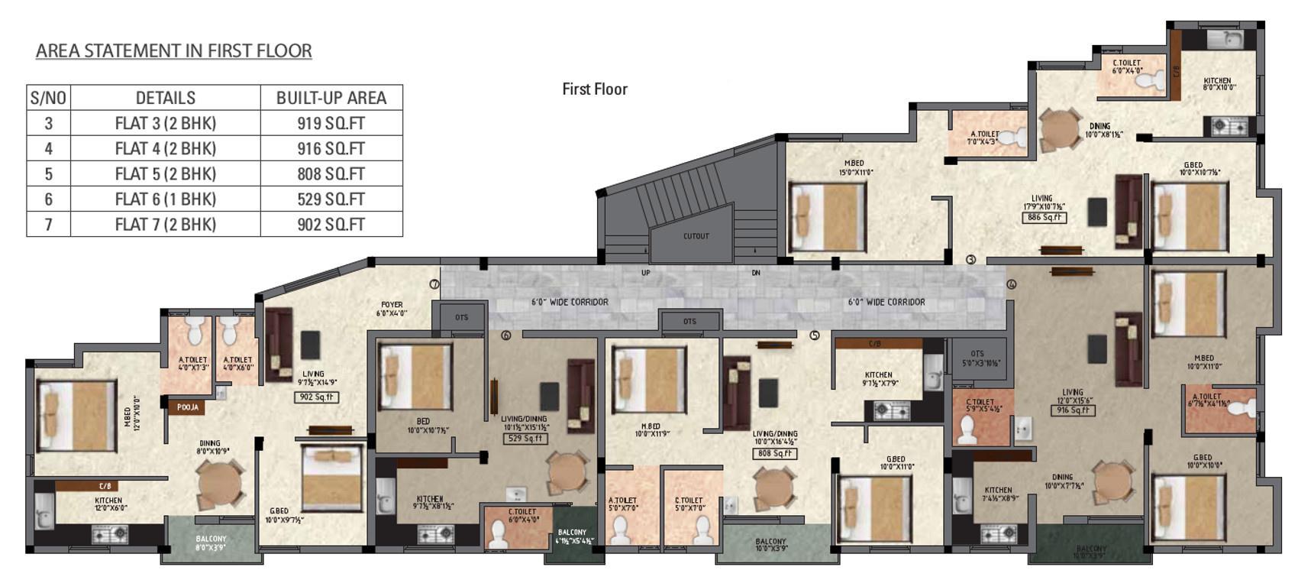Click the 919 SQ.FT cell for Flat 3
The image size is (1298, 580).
[x=331, y=123]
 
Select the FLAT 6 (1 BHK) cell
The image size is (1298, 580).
[x=165, y=199]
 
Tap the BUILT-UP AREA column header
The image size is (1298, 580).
[x=331, y=98]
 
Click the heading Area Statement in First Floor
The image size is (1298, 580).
[x=173, y=50]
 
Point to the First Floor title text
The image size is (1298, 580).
[x=594, y=89]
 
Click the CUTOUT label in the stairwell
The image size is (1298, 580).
[x=696, y=236]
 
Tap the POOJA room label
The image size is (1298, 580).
[x=188, y=407]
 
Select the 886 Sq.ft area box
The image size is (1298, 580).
[x=1044, y=218]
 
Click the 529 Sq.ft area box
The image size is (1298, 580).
[x=525, y=439]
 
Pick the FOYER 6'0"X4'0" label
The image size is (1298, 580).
[x=392, y=309]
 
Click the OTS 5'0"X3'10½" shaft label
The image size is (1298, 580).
[x=977, y=358]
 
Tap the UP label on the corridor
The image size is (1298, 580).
[x=646, y=273]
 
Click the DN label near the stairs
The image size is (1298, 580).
[x=756, y=273]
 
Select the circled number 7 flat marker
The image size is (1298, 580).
[x=434, y=284]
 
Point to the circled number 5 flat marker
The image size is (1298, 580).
[x=814, y=335]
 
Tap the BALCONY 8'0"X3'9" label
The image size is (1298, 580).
[x=211, y=543]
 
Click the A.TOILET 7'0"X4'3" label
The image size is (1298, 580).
[x=984, y=138]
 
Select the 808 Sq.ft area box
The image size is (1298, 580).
[x=774, y=453]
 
